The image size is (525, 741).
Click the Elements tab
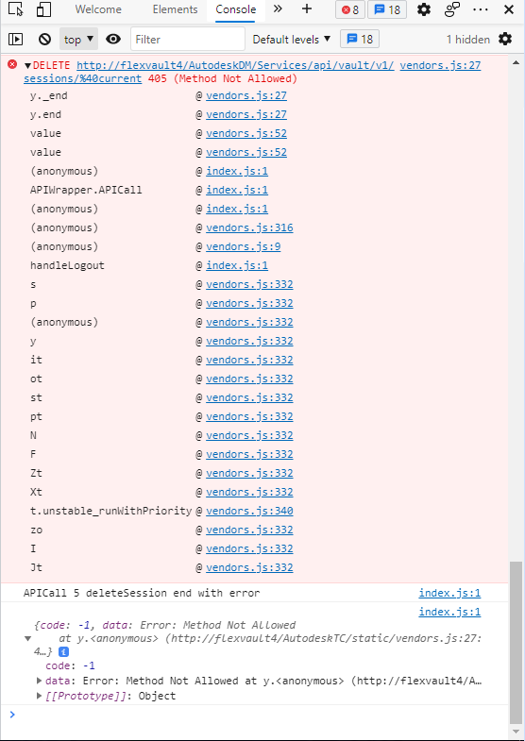tap(175, 9)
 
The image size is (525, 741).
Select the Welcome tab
tap(98, 9)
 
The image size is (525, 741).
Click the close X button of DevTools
tap(508, 9)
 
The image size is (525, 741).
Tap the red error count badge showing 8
tap(350, 9)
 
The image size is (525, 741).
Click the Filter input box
tap(188, 40)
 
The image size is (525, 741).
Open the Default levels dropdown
tap(292, 40)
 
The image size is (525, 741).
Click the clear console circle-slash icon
tap(45, 40)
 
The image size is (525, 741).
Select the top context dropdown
tap(78, 40)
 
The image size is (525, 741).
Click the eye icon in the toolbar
tap(113, 40)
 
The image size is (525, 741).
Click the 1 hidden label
tap(468, 40)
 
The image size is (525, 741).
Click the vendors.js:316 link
tap(249, 227)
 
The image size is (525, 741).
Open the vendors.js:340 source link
tap(249, 511)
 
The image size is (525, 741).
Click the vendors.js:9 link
tap(244, 246)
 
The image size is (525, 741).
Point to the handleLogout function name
tap(67, 265)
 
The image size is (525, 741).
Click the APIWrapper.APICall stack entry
tap(86, 190)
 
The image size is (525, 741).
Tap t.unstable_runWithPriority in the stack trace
tap(111, 511)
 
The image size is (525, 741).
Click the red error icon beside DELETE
tap(12, 65)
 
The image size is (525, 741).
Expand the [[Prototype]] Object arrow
tap(40, 696)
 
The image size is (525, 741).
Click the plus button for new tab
tap(307, 9)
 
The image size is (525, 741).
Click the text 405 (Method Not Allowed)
tap(223, 78)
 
